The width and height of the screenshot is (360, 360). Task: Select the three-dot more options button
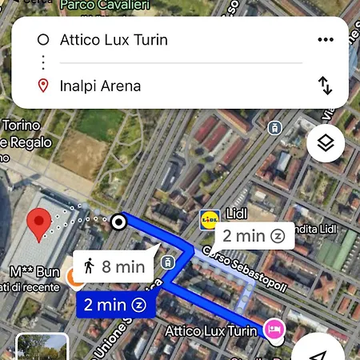pos(325,40)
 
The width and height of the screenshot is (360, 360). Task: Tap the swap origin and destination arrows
pos(325,86)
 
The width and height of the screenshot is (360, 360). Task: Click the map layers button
pos(326,145)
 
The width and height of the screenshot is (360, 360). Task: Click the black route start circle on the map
pos(119,222)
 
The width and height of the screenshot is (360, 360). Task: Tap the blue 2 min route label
pos(115,305)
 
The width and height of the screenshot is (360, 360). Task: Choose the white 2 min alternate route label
pos(254,235)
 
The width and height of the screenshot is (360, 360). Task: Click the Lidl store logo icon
pos(210,217)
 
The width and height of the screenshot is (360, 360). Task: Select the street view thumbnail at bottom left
pos(42,348)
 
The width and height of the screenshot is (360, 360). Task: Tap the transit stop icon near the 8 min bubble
pos(168,262)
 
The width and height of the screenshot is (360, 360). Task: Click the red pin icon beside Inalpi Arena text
pos(43,86)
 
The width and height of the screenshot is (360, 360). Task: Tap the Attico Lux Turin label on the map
pos(212,330)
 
